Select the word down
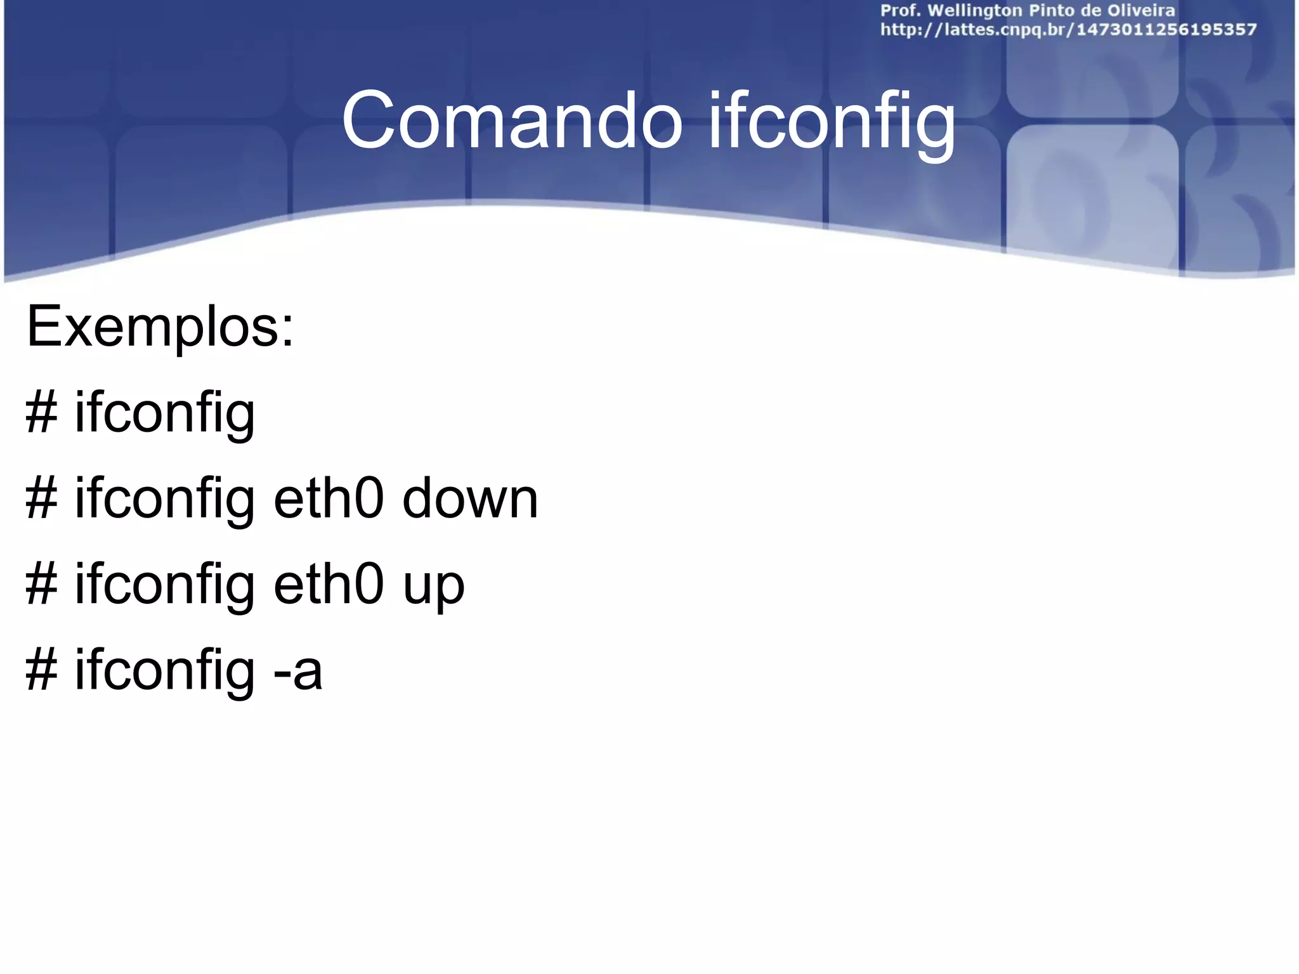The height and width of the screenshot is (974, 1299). (470, 498)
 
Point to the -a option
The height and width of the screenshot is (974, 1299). (297, 671)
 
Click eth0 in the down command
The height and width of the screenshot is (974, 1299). (329, 498)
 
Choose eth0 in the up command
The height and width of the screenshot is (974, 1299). (329, 585)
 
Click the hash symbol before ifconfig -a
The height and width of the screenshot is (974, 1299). (42, 671)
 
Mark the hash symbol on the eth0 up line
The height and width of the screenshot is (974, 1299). (42, 585)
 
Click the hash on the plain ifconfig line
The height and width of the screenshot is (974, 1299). (42, 413)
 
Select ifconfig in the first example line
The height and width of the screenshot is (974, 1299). (165, 414)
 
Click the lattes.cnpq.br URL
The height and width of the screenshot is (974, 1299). (1068, 30)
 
